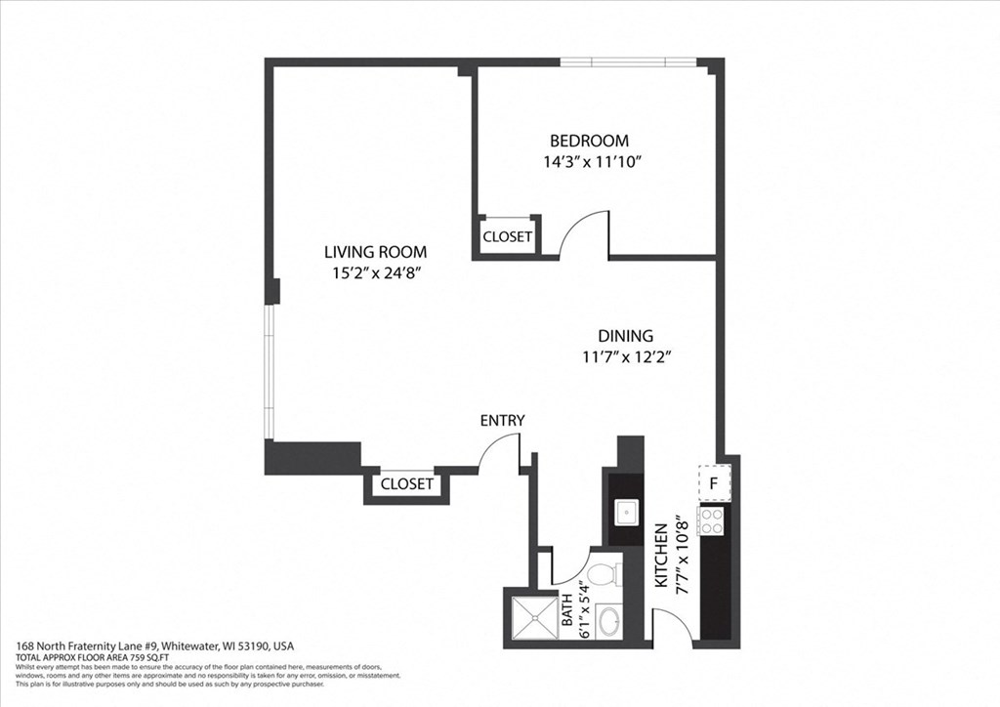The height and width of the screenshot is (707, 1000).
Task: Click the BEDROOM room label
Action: tap(588, 141)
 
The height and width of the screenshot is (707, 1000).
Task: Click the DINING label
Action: tap(625, 336)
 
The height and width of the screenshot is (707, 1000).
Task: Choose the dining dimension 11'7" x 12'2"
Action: tap(625, 357)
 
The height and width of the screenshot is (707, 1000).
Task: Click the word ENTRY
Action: tap(502, 421)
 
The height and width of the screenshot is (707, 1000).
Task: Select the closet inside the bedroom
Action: tap(508, 236)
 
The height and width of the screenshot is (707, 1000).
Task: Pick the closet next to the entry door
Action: tap(406, 484)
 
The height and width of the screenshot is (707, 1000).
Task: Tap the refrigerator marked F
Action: tap(714, 482)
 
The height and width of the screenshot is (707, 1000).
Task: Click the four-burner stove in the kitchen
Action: tap(712, 520)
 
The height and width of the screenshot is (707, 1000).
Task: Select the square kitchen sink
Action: tap(624, 512)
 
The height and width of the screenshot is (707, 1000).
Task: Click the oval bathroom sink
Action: tap(611, 619)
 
